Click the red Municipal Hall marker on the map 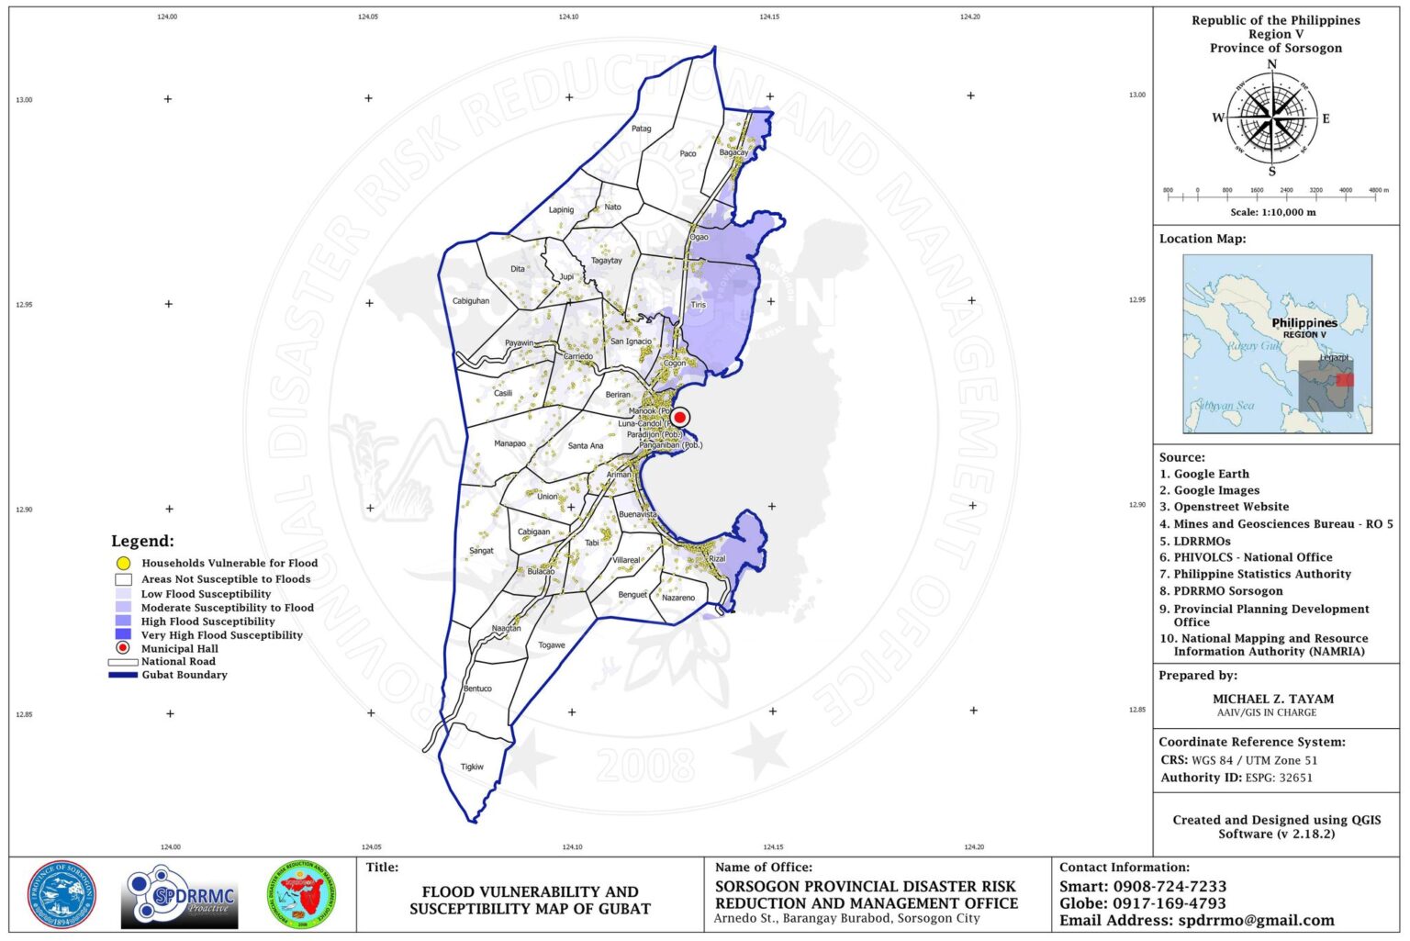coord(679,417)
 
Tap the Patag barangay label coord(641,129)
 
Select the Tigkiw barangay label coord(472,767)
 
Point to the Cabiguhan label coord(471,301)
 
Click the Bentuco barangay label coord(477,689)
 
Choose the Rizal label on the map coord(717,558)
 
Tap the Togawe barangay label coord(552,645)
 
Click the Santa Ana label coord(586,446)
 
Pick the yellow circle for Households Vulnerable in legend coord(123,564)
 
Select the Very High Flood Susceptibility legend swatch coord(123,634)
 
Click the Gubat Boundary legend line coord(122,675)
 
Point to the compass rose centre coord(1271,118)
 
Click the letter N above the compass coord(1271,64)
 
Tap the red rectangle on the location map coord(1345,379)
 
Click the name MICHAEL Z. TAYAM coord(1273,699)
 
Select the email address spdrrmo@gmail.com coord(1256,920)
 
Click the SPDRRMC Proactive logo coord(180,896)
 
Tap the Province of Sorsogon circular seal coord(62,895)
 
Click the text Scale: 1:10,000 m coord(1272,212)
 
